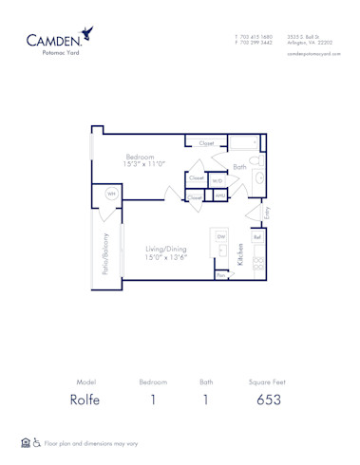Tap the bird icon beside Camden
tap(87, 34)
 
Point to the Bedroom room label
tap(141, 157)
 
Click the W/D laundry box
tap(218, 180)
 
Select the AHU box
tap(219, 196)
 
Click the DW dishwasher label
tap(220, 236)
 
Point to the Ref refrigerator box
tap(256, 237)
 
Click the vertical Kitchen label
tap(241, 253)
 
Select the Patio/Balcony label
tap(105, 253)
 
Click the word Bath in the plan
tap(239, 167)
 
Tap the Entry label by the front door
tap(267, 214)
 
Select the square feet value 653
tap(269, 400)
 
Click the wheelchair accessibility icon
tap(37, 443)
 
